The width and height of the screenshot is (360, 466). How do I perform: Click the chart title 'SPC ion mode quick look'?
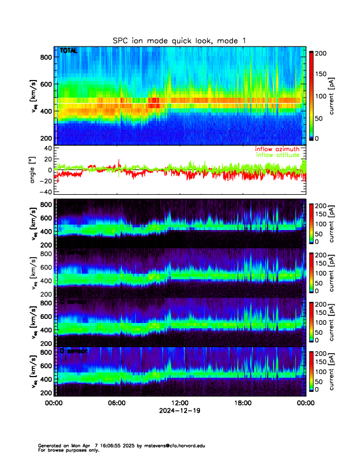coord(179,40)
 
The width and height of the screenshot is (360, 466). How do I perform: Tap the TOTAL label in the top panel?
coord(68,51)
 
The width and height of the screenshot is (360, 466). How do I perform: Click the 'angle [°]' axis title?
coord(34,170)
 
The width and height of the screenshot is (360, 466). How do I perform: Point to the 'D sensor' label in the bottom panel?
coord(74,351)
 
